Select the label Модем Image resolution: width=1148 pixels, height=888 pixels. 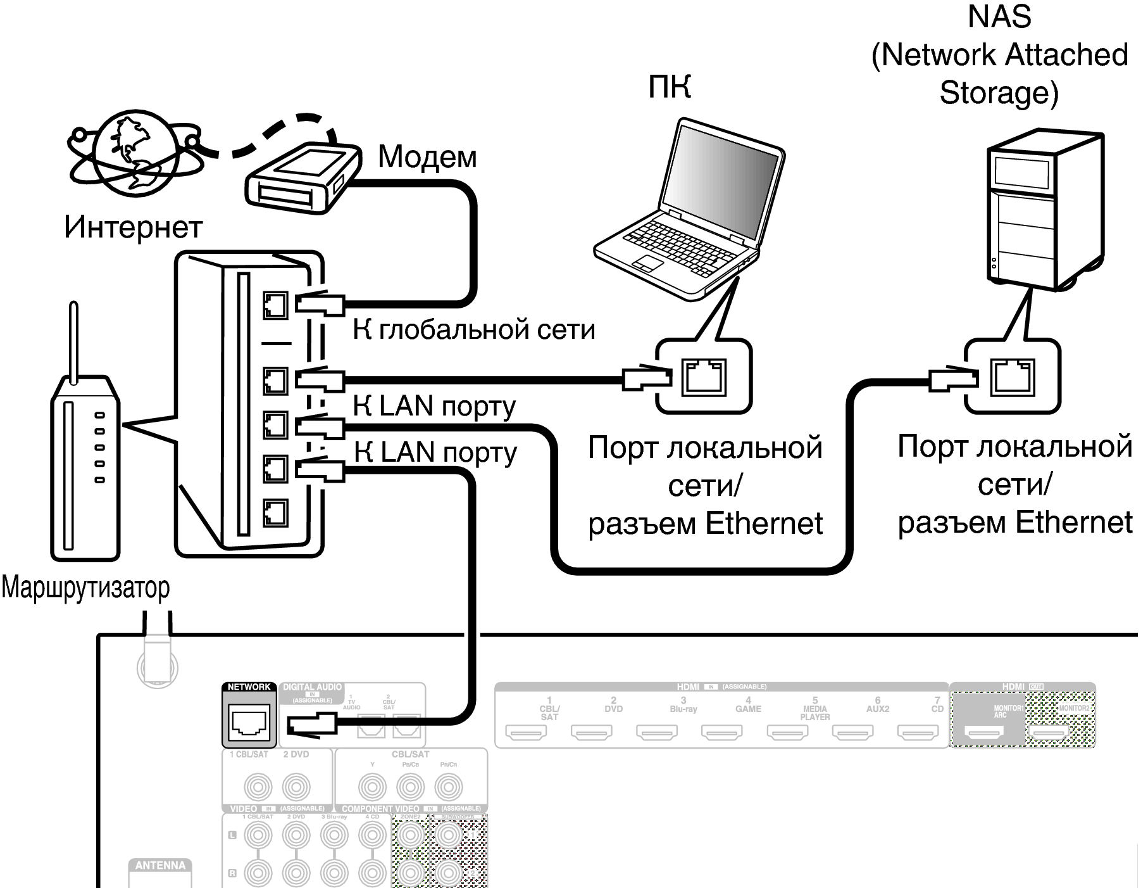pyautogui.click(x=427, y=157)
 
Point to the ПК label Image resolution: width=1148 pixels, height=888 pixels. pyautogui.click(x=670, y=87)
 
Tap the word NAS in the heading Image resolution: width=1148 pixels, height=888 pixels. pyautogui.click(x=999, y=16)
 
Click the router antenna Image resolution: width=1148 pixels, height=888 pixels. pyautogui.click(x=73, y=342)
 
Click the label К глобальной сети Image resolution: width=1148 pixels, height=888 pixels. pyautogui.click(x=474, y=329)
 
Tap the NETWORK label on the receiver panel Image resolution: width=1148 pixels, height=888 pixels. pyautogui.click(x=249, y=687)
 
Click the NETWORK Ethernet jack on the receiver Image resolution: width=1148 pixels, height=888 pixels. pyautogui.click(x=250, y=721)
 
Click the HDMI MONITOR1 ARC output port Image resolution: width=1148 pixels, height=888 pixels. pyautogui.click(x=984, y=733)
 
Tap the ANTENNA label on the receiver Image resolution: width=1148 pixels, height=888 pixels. pyautogui.click(x=160, y=866)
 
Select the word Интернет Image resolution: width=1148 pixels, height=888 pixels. pyautogui.click(x=133, y=227)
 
